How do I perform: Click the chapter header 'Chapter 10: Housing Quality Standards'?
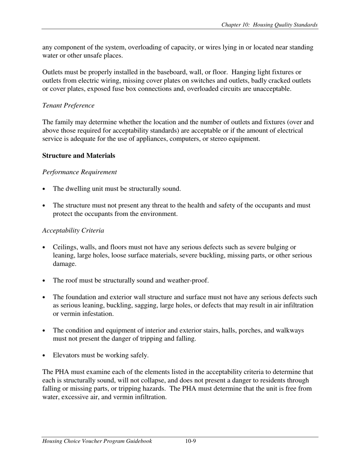pyautogui.click(x=269, y=25)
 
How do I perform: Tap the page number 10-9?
pyautogui.click(x=191, y=441)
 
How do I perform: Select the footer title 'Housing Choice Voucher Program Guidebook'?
pyautogui.click(x=97, y=441)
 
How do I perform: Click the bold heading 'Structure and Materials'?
pyautogui.click(x=79, y=156)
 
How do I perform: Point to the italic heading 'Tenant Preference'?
pyautogui.click(x=68, y=106)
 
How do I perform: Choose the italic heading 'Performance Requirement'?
pyautogui.click(x=80, y=172)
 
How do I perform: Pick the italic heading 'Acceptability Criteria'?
pyautogui.click(x=73, y=231)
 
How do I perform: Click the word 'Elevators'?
pyautogui.click(x=66, y=355)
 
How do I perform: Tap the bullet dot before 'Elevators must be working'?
pyautogui.click(x=44, y=356)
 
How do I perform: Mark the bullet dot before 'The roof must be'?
pyautogui.click(x=44, y=281)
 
